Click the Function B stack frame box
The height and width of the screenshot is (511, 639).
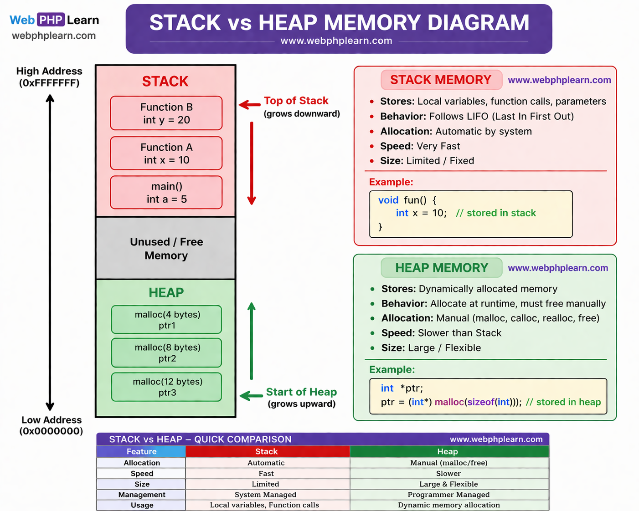click(x=166, y=113)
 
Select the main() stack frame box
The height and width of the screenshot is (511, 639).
click(x=166, y=192)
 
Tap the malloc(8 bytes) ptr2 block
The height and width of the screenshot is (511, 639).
click(x=167, y=353)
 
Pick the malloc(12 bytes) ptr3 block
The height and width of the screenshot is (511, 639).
click(x=167, y=387)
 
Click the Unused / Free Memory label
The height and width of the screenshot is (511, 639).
click(x=166, y=249)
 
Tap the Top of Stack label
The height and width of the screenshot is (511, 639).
click(x=296, y=101)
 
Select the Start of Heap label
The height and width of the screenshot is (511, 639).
click(x=301, y=392)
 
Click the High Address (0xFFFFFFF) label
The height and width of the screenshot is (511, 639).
click(x=49, y=77)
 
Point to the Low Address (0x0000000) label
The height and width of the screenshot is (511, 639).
click(x=51, y=425)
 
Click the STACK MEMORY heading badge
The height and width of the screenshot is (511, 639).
click(x=441, y=80)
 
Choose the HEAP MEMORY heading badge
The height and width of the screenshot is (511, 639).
click(x=441, y=268)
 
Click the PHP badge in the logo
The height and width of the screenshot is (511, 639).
click(x=51, y=20)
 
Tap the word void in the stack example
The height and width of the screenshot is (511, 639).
click(x=388, y=200)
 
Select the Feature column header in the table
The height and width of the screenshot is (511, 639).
click(x=141, y=451)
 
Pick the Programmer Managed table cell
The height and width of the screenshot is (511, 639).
click(x=448, y=495)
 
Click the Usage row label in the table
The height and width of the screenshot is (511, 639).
click(x=142, y=505)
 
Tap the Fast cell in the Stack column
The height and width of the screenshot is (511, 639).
click(x=266, y=474)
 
